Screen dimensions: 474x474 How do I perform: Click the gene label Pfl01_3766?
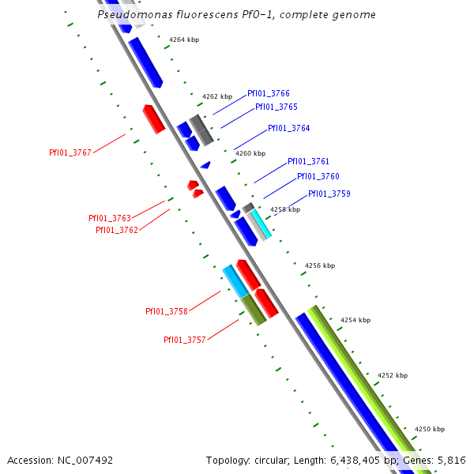268,93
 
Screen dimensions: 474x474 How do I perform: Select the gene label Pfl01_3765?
276,107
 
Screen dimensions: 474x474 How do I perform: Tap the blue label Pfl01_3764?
288,128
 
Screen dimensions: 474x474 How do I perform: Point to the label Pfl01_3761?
308,161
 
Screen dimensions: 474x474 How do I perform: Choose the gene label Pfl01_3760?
318,176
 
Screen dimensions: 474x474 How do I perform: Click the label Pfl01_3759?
329,194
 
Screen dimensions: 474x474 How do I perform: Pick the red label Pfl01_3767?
70,152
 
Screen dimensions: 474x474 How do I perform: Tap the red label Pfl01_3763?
109,218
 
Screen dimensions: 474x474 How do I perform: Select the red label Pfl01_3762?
117,230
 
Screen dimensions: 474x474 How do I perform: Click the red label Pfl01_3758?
166,311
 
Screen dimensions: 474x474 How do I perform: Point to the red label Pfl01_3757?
184,340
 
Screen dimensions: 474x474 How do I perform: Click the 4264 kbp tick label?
184,39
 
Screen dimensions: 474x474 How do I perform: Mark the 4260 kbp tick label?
250,153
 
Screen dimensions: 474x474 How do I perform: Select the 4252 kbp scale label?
393,375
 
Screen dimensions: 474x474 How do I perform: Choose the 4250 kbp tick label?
429,429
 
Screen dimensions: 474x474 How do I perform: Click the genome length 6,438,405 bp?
354,460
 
